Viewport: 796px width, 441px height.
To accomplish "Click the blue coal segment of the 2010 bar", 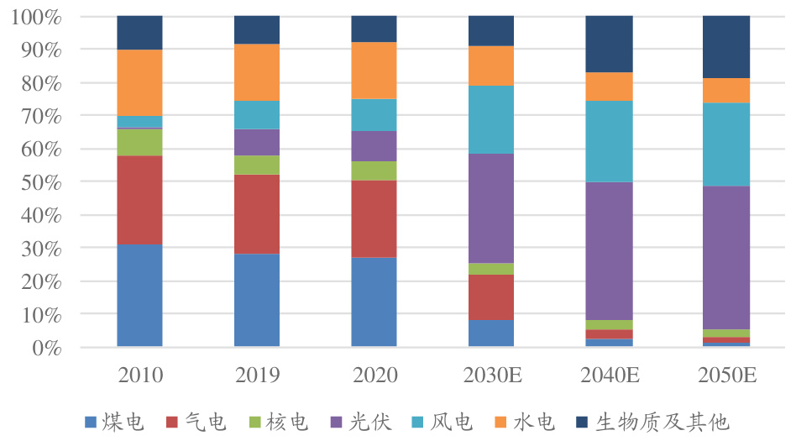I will (139, 295).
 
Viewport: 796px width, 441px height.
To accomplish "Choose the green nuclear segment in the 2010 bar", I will (139, 142).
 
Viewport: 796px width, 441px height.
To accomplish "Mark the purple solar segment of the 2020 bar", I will (374, 145).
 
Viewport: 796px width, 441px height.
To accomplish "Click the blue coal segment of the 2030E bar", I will (491, 333).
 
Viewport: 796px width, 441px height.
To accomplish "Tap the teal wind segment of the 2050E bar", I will (725, 144).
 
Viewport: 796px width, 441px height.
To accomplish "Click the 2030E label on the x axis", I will (491, 374).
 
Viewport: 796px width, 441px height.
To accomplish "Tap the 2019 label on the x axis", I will (257, 374).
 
